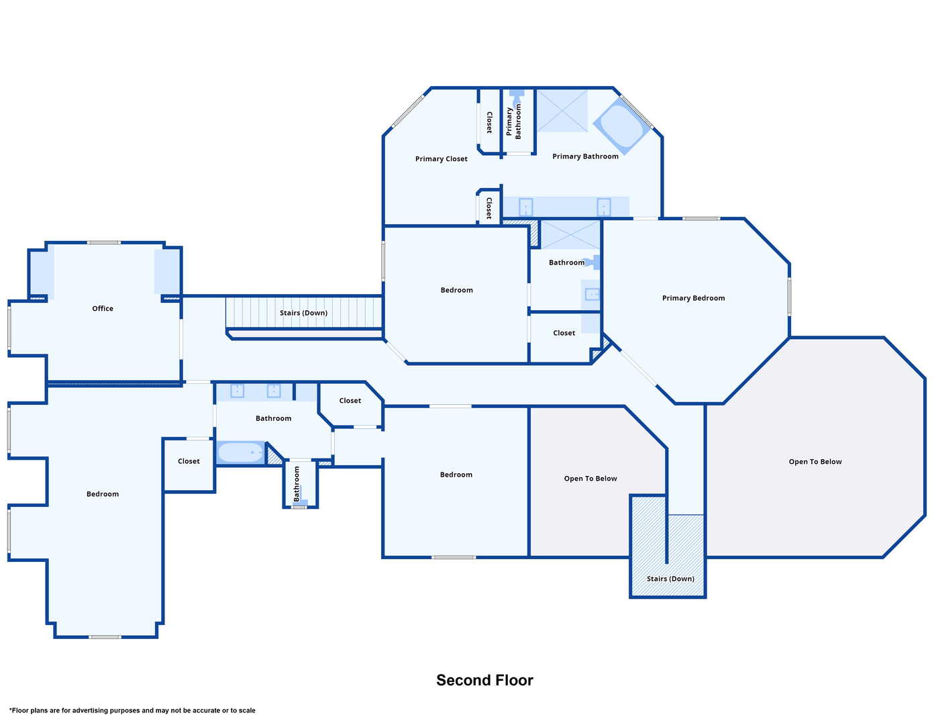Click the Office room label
pyautogui.click(x=102, y=308)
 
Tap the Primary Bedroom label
pyautogui.click(x=693, y=298)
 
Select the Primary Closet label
pyautogui.click(x=441, y=158)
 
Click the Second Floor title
pyautogui.click(x=484, y=680)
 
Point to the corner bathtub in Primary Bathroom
pyautogui.click(x=621, y=125)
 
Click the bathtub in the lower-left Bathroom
pyautogui.click(x=240, y=452)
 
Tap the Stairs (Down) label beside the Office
pyautogui.click(x=303, y=313)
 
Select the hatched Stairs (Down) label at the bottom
pyautogui.click(x=670, y=579)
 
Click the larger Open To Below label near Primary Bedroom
pyautogui.click(x=815, y=461)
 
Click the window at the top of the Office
pyautogui.click(x=103, y=242)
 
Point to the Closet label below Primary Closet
pyautogui.click(x=488, y=208)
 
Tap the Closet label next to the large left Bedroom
pyautogui.click(x=189, y=461)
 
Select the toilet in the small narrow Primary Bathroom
pyautogui.click(x=516, y=97)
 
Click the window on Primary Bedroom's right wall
pyautogui.click(x=789, y=296)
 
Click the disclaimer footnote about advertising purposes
pyautogui.click(x=132, y=710)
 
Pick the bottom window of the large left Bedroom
pyautogui.click(x=105, y=637)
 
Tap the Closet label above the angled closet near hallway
pyautogui.click(x=350, y=400)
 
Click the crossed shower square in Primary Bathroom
pyautogui.click(x=562, y=111)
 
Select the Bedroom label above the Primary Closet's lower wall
pyautogui.click(x=456, y=290)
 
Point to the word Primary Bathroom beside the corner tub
pyautogui.click(x=585, y=156)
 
